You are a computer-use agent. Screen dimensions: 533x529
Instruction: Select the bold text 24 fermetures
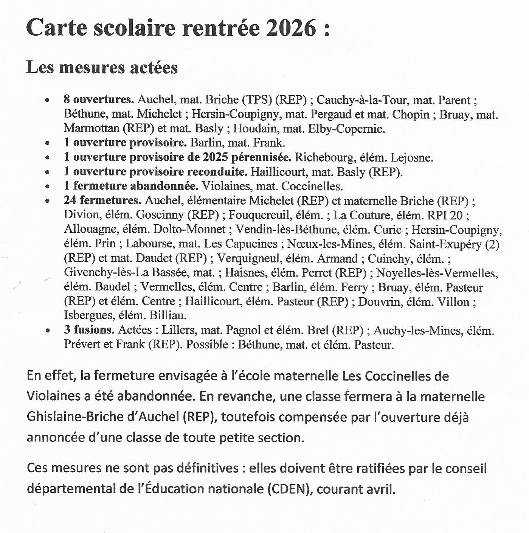tap(102, 200)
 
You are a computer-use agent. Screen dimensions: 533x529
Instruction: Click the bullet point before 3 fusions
tap(48, 330)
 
